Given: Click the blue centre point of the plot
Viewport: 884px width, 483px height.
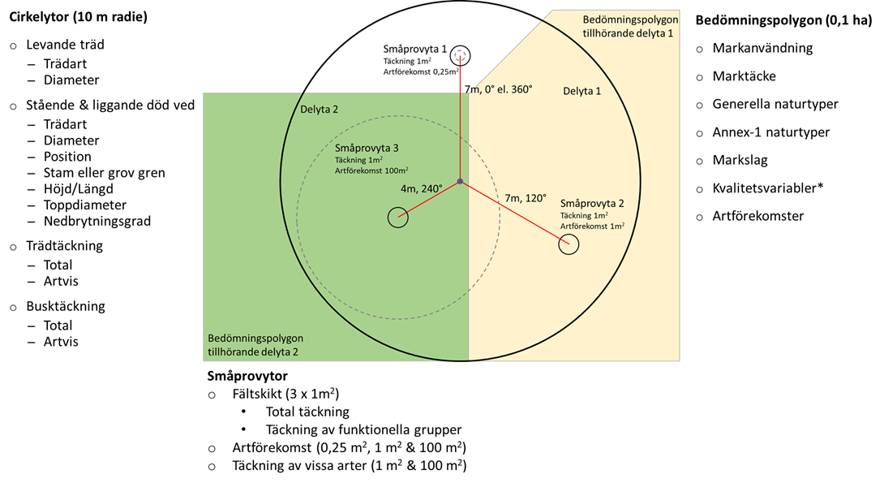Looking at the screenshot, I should [x=460, y=181].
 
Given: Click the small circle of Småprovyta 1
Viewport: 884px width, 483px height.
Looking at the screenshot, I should [x=460, y=55].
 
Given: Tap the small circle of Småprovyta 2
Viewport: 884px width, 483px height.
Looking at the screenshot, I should [x=569, y=244].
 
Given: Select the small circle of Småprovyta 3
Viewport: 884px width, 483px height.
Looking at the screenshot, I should [x=397, y=217].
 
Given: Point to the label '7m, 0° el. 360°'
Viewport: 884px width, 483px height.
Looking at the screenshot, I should [x=498, y=89].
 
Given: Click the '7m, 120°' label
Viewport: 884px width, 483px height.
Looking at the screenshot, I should [x=526, y=198].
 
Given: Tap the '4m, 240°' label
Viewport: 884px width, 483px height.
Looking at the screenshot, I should [x=422, y=188].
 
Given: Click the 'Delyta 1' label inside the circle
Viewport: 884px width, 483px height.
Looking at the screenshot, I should [x=581, y=91].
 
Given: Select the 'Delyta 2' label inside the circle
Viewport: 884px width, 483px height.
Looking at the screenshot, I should [x=320, y=109].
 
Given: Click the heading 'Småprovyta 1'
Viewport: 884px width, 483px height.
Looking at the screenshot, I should [x=415, y=49].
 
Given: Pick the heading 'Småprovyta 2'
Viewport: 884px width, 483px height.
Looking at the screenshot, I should [x=592, y=203].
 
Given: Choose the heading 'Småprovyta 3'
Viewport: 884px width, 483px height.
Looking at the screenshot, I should [x=367, y=149].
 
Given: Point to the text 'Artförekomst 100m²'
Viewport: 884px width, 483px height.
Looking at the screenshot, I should [x=371, y=170].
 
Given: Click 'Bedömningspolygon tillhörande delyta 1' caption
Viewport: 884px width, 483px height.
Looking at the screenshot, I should [x=630, y=27].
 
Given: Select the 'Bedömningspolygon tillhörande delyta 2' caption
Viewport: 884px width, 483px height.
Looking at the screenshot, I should [x=255, y=345].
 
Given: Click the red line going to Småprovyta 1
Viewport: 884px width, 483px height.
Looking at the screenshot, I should [x=460, y=122].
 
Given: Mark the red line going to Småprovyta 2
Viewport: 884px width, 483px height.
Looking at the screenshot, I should [x=514, y=212].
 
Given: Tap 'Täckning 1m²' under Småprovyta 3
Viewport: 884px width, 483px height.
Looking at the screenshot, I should [x=358, y=160].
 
